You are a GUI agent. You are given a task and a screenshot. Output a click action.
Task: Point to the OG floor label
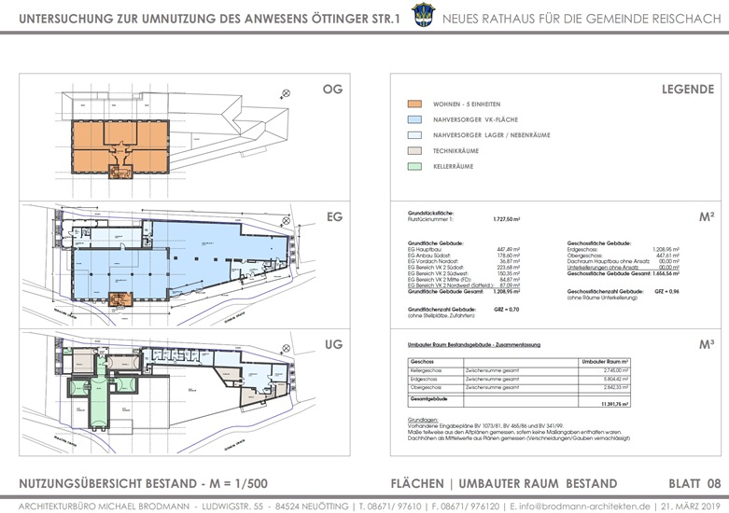click(333, 90)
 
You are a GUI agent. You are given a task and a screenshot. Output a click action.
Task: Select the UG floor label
click(333, 344)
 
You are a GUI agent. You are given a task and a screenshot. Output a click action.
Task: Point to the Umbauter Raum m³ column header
click(605, 360)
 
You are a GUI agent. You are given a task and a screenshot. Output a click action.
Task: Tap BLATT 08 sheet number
click(694, 483)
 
